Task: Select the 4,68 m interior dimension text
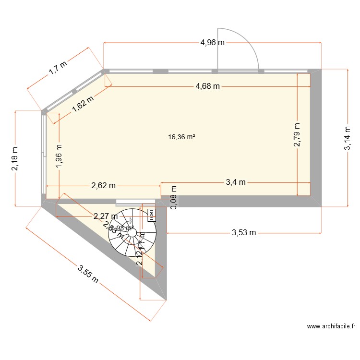coord(207,86)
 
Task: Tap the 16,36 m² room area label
coord(181,137)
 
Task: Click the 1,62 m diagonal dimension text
coord(83,104)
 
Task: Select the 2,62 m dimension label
coord(104,185)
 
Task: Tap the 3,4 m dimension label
coord(235,182)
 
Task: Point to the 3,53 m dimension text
coord(244,233)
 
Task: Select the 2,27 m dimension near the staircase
coord(105,216)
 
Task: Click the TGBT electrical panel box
coord(151,215)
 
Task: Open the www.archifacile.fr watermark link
coord(331,326)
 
